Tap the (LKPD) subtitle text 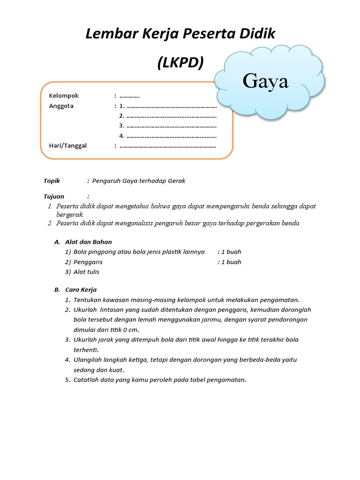click(x=180, y=62)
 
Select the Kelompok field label click(x=64, y=96)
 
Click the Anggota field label click(x=61, y=106)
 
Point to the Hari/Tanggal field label click(x=68, y=145)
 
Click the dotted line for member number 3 click(x=171, y=126)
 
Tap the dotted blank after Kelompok click(x=130, y=96)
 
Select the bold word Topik click(x=52, y=181)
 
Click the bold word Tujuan click(x=54, y=196)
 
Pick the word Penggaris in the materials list click(x=88, y=262)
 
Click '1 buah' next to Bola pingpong click(x=231, y=252)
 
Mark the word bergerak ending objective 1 click(x=69, y=214)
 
